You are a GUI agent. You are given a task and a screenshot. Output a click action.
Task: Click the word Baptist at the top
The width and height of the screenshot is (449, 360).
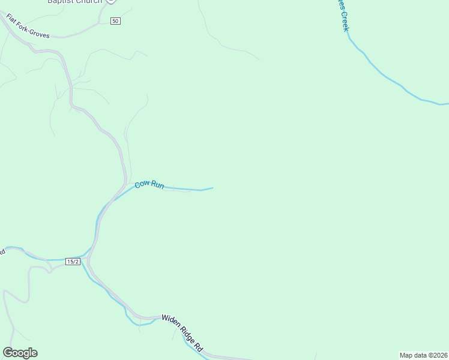62,2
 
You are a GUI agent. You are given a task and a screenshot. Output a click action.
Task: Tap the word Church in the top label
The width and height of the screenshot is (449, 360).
90,2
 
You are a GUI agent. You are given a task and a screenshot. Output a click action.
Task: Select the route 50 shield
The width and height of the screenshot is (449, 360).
116,21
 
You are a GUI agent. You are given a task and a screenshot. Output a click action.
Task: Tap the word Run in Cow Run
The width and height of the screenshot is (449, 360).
157,185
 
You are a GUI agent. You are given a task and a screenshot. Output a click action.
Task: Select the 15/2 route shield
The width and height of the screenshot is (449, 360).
73,262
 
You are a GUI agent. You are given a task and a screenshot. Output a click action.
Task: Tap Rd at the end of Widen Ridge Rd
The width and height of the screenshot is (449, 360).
200,347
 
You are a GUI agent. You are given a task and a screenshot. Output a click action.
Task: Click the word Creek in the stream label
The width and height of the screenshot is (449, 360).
345,21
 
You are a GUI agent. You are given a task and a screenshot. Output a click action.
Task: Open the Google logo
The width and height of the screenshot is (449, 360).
20,353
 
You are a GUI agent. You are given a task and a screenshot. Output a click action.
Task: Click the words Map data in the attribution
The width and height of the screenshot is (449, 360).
414,355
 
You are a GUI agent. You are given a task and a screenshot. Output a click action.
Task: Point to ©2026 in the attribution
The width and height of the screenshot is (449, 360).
437,355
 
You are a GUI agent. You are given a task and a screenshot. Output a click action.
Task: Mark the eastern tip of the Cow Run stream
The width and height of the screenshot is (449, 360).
212,188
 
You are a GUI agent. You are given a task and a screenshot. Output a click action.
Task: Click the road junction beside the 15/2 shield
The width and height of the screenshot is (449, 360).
87,259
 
